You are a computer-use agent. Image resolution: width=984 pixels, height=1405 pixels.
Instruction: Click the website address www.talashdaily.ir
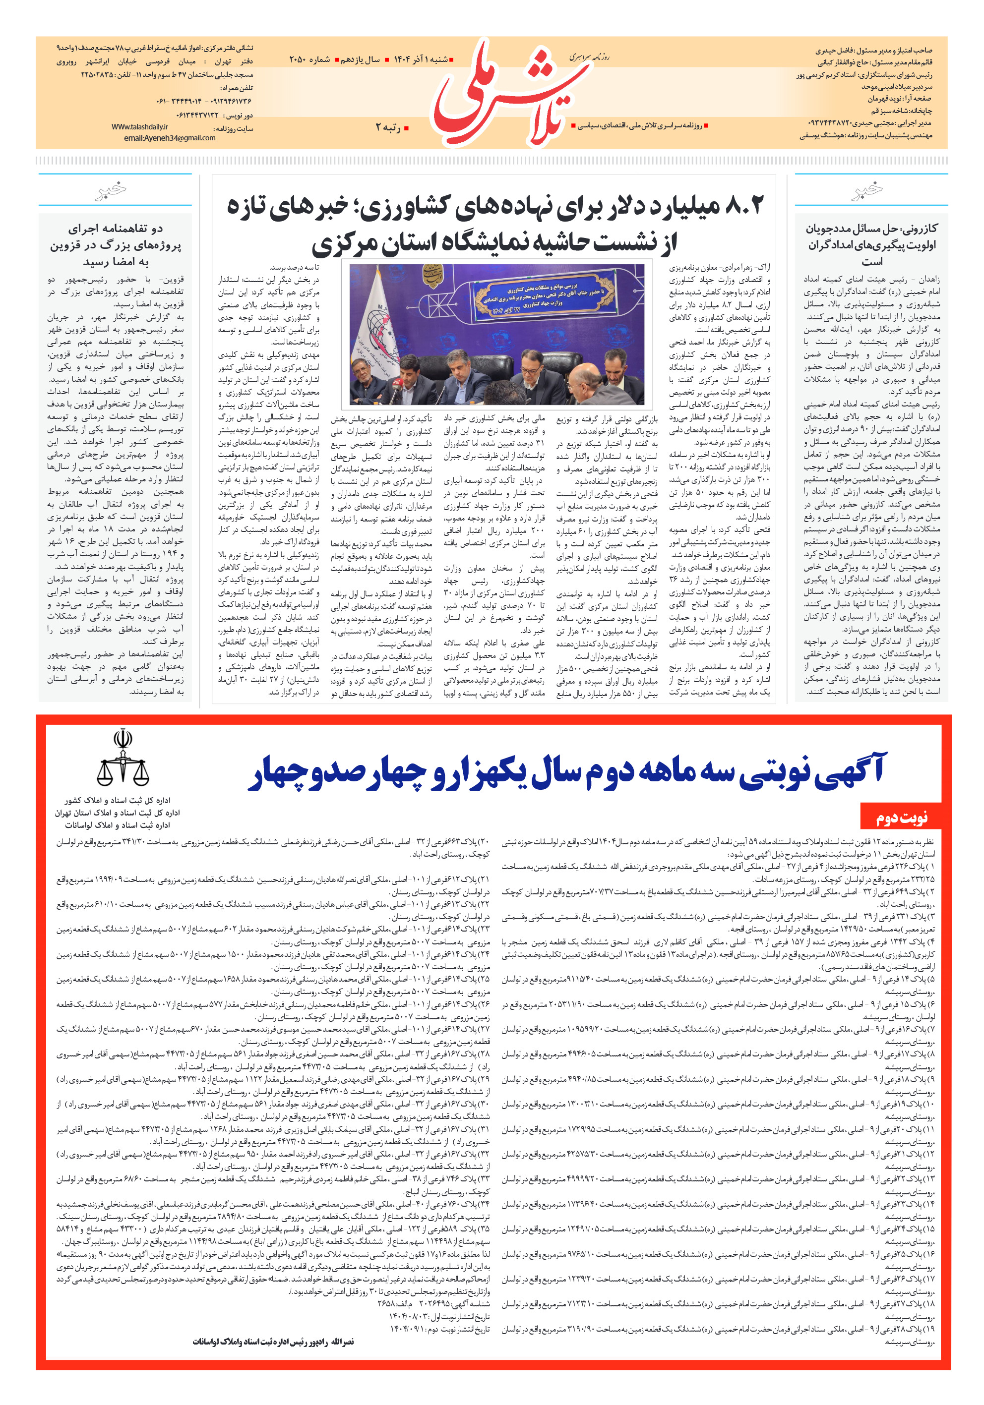click(139, 127)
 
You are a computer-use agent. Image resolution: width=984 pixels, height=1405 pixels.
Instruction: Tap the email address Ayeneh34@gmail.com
click(170, 138)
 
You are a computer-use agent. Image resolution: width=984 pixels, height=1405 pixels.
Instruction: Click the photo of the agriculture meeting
click(496, 334)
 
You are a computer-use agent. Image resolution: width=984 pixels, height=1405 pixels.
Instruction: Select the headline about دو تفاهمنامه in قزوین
click(115, 245)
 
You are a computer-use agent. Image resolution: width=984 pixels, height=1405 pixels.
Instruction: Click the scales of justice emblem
click(123, 759)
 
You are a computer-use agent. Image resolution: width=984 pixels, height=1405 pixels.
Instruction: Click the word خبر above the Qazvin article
click(111, 190)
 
